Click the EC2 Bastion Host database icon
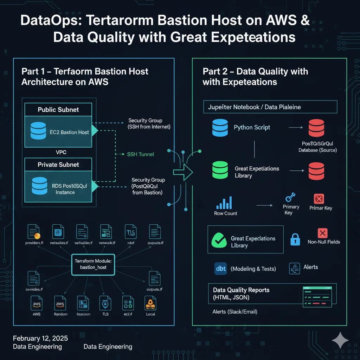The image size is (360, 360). click(38, 130)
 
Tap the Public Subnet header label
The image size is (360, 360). click(58, 110)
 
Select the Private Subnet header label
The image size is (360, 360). click(58, 165)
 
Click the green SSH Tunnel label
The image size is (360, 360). click(140, 154)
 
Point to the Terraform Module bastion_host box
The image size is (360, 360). click(93, 264)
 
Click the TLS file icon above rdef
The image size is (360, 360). click(130, 232)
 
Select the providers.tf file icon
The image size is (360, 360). click(34, 232)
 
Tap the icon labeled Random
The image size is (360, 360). click(60, 303)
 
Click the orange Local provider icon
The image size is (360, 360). click(150, 303)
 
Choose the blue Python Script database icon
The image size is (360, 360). click(220, 128)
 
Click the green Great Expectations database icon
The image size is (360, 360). click(220, 170)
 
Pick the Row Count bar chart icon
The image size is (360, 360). click(225, 202)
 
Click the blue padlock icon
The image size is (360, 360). click(295, 239)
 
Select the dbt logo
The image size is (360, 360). click(220, 269)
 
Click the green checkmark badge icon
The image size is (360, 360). click(219, 241)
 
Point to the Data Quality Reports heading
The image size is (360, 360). click(241, 290)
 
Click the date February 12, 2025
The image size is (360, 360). click(40, 338)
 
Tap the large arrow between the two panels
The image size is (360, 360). click(183, 172)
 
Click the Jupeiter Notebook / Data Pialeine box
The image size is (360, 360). click(270, 107)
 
